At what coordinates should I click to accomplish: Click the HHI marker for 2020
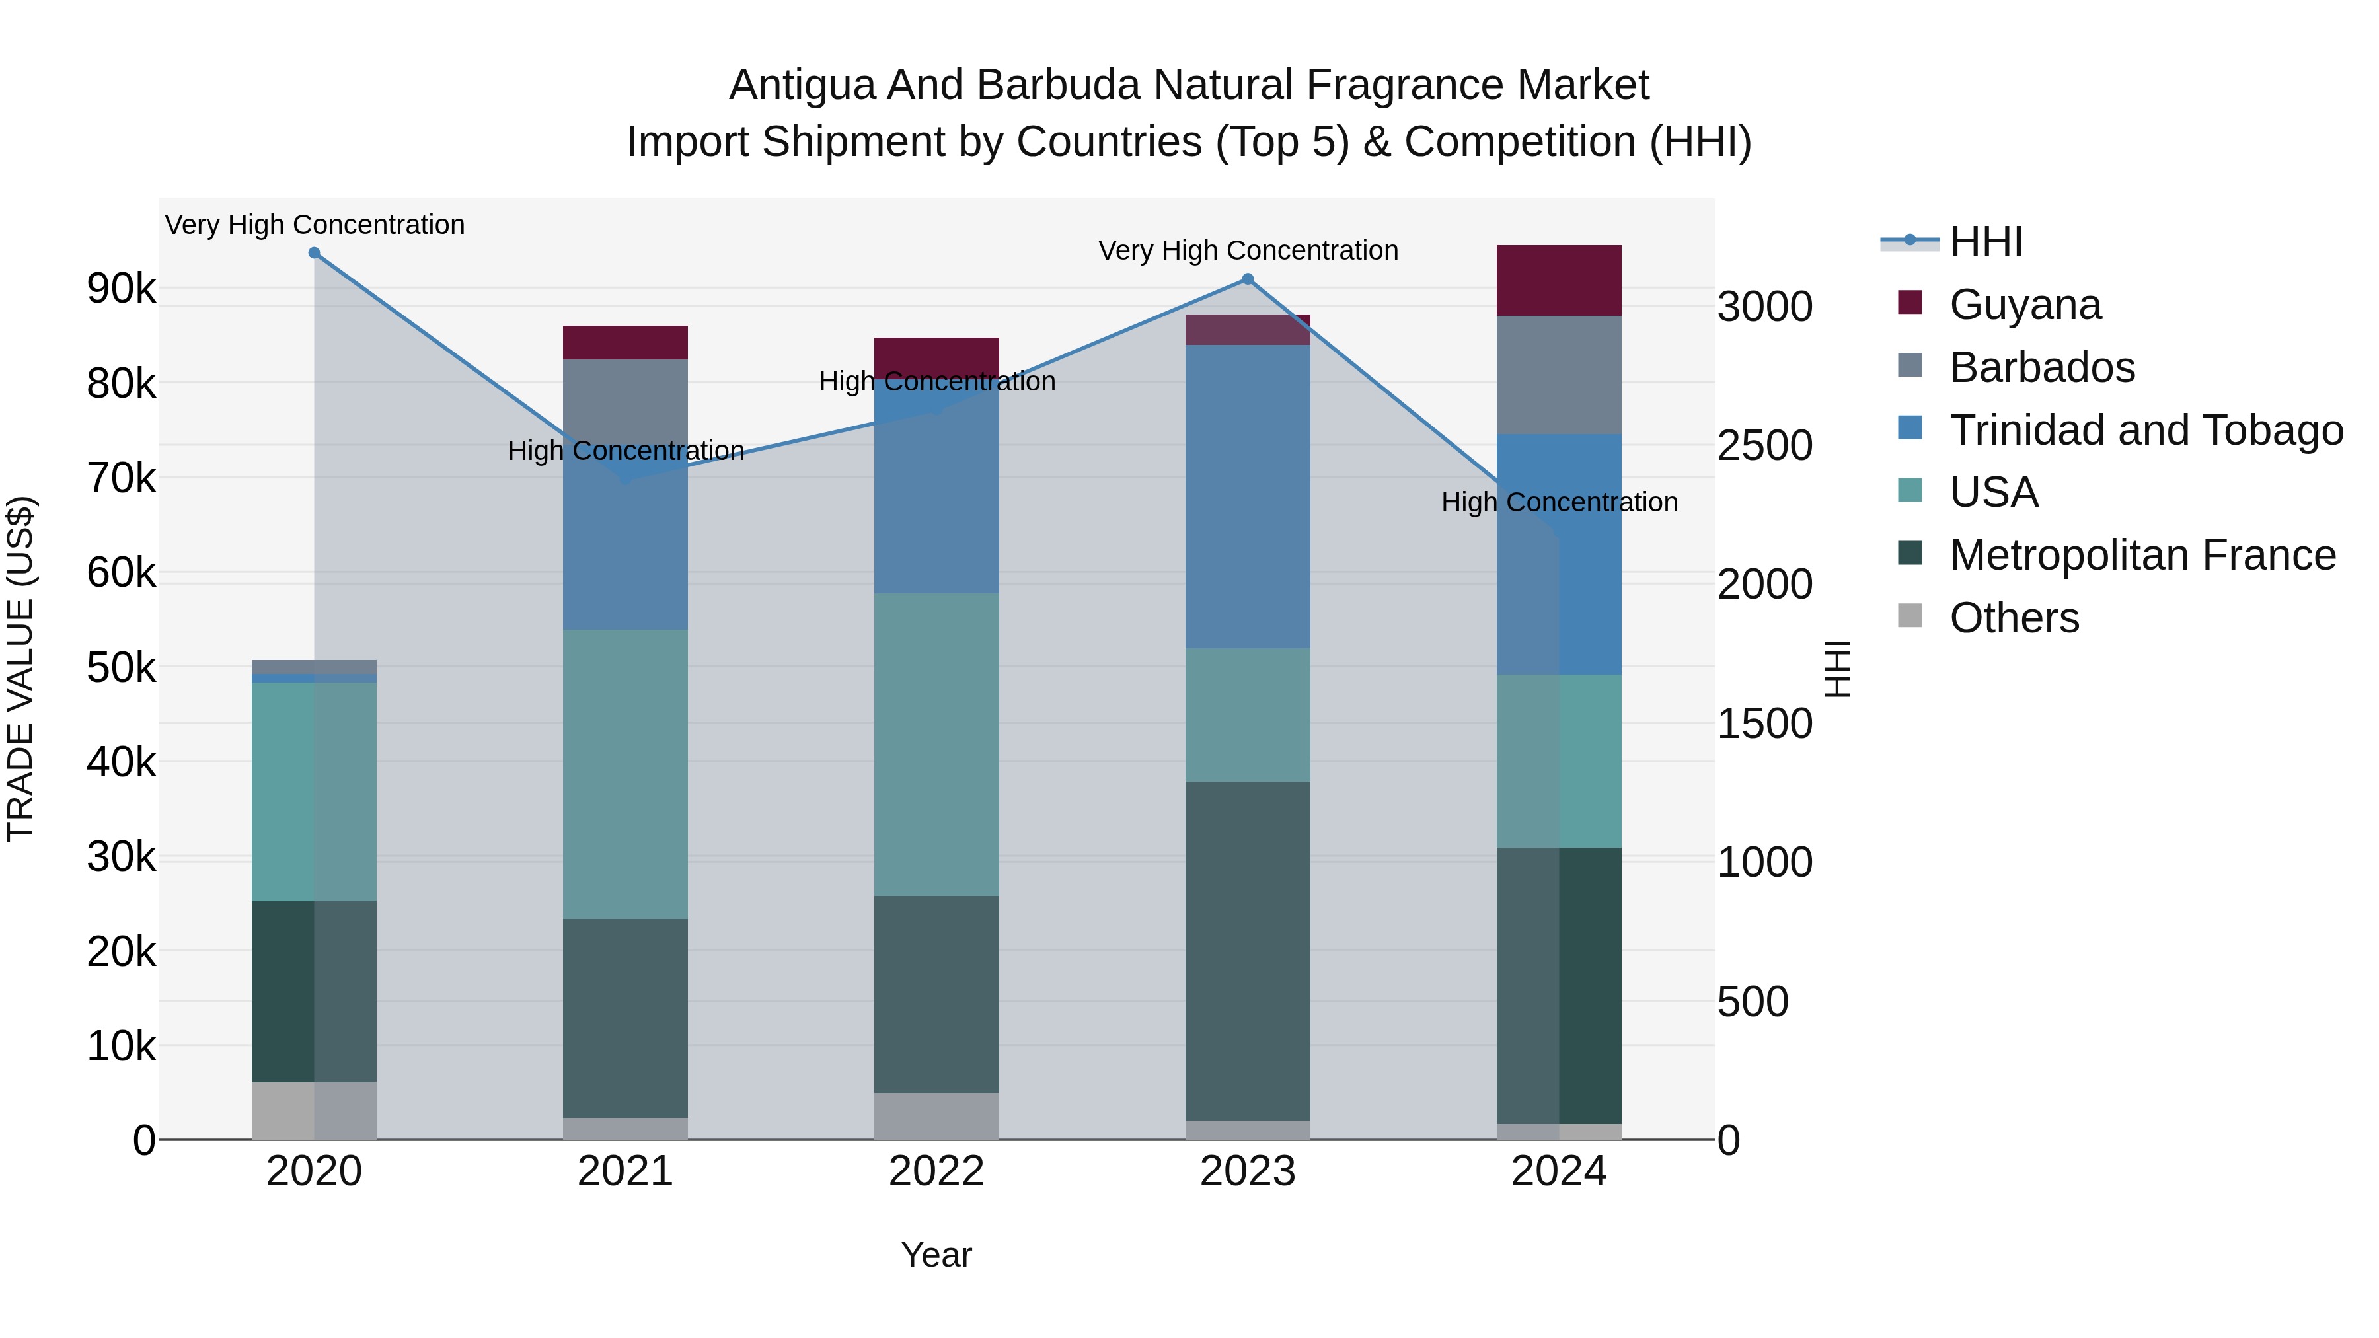(x=314, y=253)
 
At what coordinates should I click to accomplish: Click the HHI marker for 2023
(x=1248, y=279)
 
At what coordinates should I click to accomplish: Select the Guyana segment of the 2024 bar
(x=1559, y=281)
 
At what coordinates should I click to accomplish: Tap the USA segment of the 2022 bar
(x=936, y=744)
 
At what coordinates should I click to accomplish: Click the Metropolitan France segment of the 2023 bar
(x=1248, y=951)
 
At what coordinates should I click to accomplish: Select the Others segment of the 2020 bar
(x=314, y=1111)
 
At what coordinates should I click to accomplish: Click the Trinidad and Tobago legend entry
(x=2145, y=430)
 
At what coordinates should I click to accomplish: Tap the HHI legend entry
(x=1986, y=242)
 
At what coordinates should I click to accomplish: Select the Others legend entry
(x=2014, y=618)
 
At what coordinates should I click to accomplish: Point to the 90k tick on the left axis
(x=121, y=289)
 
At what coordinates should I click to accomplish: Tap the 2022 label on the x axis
(x=936, y=1171)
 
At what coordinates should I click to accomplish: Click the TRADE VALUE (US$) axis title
(x=20, y=669)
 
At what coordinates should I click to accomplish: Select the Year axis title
(x=936, y=1255)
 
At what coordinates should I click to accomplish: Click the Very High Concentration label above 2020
(x=314, y=225)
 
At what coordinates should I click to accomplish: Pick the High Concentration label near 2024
(x=1559, y=502)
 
